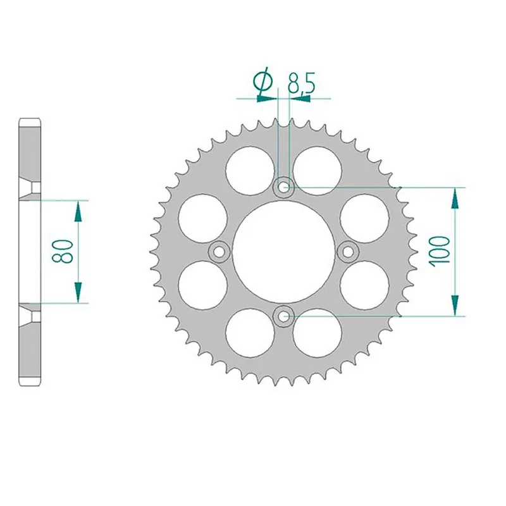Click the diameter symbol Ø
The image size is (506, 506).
[262, 83]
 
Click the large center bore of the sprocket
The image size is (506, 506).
[283, 251]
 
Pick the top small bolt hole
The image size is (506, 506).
[283, 187]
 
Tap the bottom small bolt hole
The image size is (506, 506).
[283, 314]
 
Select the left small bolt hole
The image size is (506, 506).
[219, 251]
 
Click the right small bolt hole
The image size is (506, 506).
[347, 251]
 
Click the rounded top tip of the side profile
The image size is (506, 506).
[31, 120]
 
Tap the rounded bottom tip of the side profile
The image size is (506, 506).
[31, 383]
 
